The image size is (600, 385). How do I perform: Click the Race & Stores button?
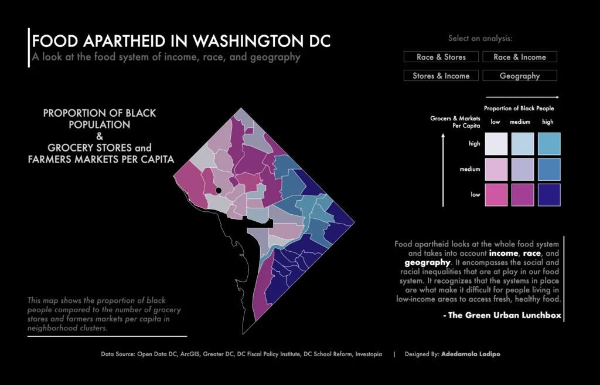441,57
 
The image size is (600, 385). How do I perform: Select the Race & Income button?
520,57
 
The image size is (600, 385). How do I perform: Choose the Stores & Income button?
441,76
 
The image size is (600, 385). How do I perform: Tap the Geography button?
520,76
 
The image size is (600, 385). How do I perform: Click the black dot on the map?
218,190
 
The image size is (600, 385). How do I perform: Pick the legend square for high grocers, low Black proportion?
496,144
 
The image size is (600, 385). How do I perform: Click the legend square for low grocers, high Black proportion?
548,195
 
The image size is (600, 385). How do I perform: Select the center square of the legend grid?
521,169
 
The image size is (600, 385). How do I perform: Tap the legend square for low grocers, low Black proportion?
496,195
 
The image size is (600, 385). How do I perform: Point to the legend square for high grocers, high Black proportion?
548,144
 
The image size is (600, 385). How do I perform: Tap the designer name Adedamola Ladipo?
471,354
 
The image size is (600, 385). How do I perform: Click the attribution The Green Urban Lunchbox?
503,315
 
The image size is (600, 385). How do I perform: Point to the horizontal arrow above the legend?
521,97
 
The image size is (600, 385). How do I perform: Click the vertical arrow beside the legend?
444,170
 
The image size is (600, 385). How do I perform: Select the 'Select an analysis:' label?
480,39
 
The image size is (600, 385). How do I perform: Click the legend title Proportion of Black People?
519,109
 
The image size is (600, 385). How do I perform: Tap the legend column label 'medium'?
520,122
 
